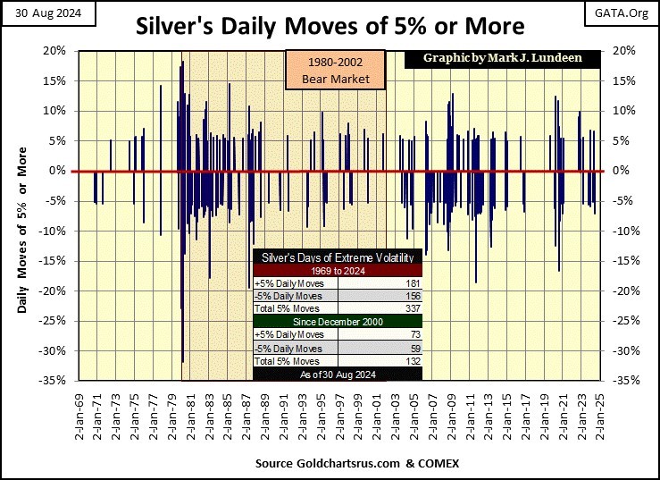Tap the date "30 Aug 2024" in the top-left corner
click(37, 12)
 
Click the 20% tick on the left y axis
click(55, 51)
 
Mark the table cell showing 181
click(412, 284)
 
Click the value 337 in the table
click(412, 308)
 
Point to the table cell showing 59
click(414, 348)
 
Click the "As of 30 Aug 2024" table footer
click(337, 374)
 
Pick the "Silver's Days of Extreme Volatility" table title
click(337, 257)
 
